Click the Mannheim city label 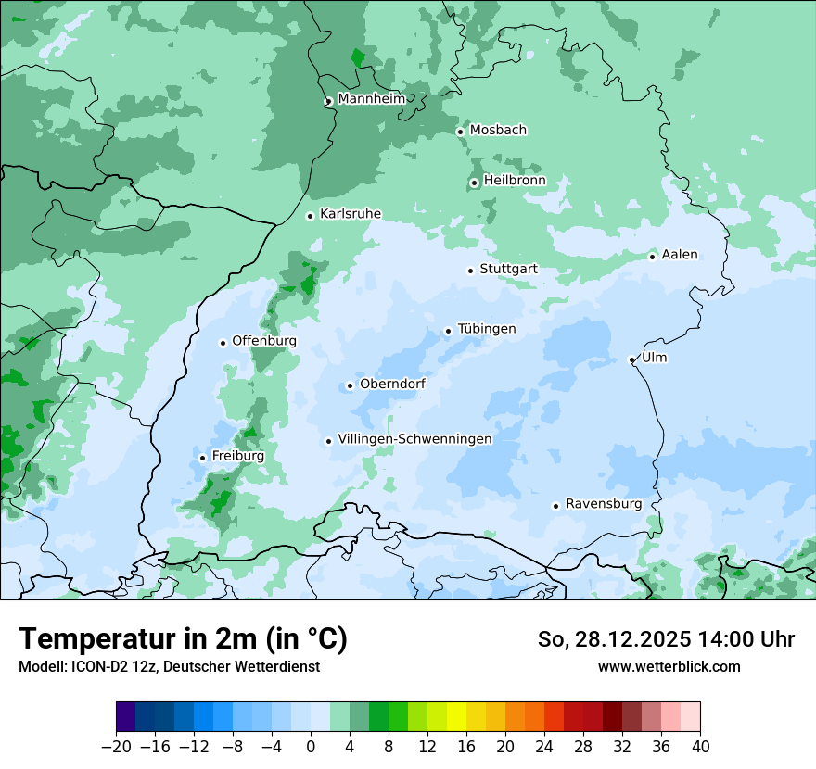(x=371, y=99)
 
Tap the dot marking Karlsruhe (x=311, y=216)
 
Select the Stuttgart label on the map (x=508, y=270)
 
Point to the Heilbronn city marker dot (x=474, y=183)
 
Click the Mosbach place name (x=498, y=131)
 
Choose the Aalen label (x=680, y=255)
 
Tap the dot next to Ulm (x=631, y=359)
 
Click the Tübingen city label (x=487, y=330)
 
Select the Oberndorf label (x=392, y=384)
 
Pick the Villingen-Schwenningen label (x=414, y=439)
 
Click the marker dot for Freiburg (x=202, y=458)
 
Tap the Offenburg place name (x=264, y=341)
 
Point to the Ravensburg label (x=604, y=504)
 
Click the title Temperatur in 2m (x=183, y=639)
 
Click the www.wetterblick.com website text (x=669, y=667)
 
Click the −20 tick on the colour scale (x=116, y=747)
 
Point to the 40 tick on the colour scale (x=700, y=747)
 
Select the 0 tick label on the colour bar (x=311, y=747)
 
